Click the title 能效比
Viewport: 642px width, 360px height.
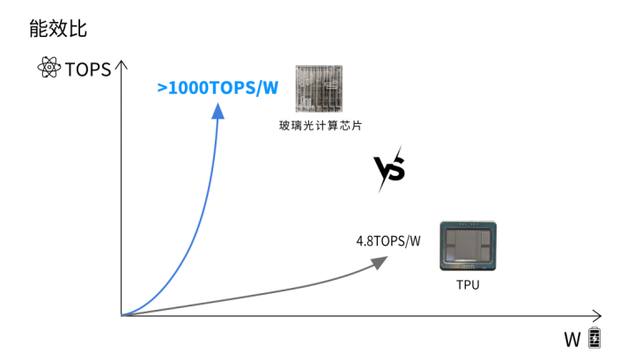(x=58, y=29)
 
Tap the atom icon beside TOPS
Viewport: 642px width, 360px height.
(x=48, y=68)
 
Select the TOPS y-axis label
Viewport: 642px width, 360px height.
(x=88, y=70)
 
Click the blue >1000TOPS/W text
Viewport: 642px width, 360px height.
(x=218, y=87)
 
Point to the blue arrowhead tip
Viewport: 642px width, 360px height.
(x=218, y=104)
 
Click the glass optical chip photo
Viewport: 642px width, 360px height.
(x=319, y=88)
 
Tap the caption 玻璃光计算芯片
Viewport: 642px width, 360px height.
(x=321, y=125)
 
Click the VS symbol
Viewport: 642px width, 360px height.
(x=389, y=169)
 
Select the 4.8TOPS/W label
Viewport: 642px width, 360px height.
(x=388, y=241)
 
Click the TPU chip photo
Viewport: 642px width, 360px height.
(x=468, y=246)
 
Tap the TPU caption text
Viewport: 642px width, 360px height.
(x=468, y=284)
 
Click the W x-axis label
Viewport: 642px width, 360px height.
(x=572, y=340)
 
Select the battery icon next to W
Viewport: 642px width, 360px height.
(x=594, y=338)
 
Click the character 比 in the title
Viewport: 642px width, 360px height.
(x=77, y=29)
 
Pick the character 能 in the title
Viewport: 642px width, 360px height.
(x=39, y=29)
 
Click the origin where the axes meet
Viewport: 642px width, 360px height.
(x=122, y=315)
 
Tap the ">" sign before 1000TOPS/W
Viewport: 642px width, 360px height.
(x=162, y=88)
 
